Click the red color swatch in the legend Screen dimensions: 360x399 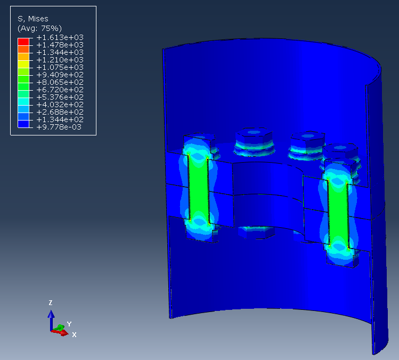point(23,41)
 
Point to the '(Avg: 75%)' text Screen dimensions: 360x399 point(40,28)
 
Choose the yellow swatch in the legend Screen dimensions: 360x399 point(23,60)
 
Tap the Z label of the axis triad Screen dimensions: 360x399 point(51,302)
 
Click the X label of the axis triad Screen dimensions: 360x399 point(75,334)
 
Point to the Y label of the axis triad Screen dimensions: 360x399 point(69,324)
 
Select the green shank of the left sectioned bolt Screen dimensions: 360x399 point(198,187)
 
